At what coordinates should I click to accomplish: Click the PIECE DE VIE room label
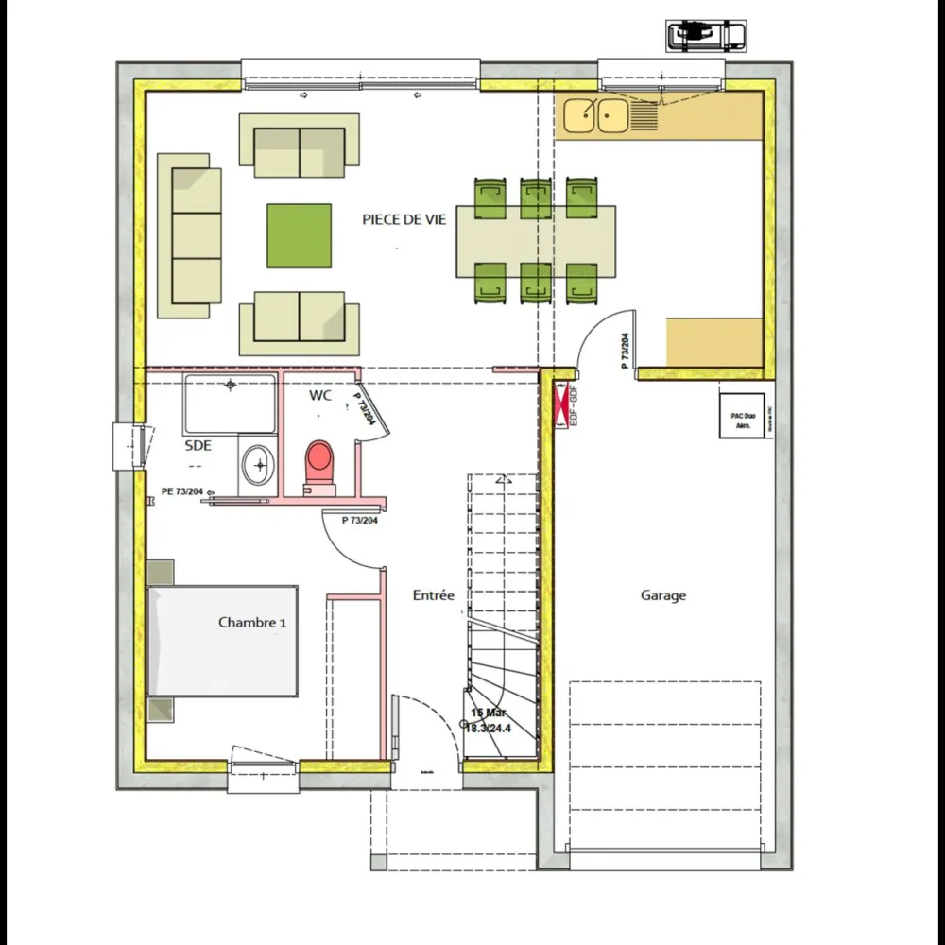pyautogui.click(x=404, y=218)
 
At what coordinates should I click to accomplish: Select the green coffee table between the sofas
pyautogui.click(x=299, y=236)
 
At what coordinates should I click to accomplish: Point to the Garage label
pyautogui.click(x=663, y=595)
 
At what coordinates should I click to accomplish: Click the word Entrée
pyautogui.click(x=434, y=595)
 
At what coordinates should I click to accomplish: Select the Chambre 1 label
pyautogui.click(x=252, y=622)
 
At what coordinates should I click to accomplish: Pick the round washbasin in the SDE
pyautogui.click(x=256, y=464)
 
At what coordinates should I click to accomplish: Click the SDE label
pyautogui.click(x=198, y=445)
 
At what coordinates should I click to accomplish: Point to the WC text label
pyautogui.click(x=320, y=396)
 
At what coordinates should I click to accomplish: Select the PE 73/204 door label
pyautogui.click(x=181, y=490)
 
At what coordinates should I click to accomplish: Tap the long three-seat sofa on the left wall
pyautogui.click(x=189, y=236)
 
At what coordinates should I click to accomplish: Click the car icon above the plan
pyautogui.click(x=706, y=36)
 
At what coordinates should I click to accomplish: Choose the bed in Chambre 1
pyautogui.click(x=224, y=641)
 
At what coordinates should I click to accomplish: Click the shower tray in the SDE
pyautogui.click(x=230, y=404)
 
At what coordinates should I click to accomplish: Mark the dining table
pyautogui.click(x=536, y=241)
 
